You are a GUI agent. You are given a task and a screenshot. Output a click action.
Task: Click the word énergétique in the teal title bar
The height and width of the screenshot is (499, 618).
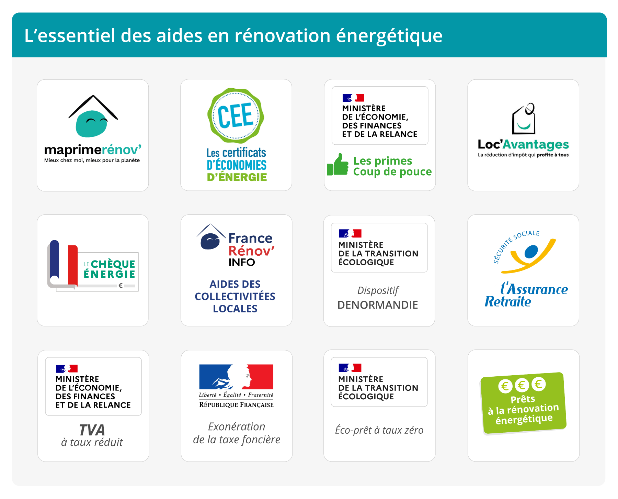pos(389,36)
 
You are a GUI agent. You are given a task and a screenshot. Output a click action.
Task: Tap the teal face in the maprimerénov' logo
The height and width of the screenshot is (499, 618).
pos(91,124)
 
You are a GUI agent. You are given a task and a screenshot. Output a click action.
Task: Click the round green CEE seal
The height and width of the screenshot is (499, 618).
pos(236,115)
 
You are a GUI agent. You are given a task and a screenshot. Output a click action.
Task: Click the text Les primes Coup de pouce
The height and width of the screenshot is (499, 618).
pos(392,166)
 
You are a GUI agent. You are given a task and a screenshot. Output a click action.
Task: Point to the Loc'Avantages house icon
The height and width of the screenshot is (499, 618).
pos(524,119)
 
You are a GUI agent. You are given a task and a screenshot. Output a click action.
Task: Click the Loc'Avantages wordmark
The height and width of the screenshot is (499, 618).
pos(523,145)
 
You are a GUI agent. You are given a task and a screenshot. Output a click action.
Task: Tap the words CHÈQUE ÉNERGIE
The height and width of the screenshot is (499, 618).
pos(110,269)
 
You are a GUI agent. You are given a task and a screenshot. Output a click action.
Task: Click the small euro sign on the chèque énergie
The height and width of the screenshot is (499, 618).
pos(121,286)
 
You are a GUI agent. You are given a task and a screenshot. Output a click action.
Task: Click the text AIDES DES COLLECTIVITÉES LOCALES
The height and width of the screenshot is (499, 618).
pos(235,296)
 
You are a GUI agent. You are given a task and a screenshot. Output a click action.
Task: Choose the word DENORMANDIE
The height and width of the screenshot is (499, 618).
pos(378,305)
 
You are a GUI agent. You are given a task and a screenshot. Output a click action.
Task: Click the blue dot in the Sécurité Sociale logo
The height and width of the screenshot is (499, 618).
pos(531,252)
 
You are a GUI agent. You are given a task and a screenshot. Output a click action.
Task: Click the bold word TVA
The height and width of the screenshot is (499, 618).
pos(92,430)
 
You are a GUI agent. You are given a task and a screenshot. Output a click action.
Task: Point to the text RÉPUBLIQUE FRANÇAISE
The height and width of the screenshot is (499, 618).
pos(236,405)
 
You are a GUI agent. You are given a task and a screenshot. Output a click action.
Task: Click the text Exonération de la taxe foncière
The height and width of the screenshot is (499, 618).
pos(237,433)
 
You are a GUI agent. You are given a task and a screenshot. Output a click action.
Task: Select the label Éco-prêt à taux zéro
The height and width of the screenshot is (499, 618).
pos(379,430)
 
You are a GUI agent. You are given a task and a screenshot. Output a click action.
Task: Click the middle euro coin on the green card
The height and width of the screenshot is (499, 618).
pos(522,385)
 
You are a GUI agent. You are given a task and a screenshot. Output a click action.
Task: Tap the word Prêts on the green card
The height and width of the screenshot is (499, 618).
pos(523,399)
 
